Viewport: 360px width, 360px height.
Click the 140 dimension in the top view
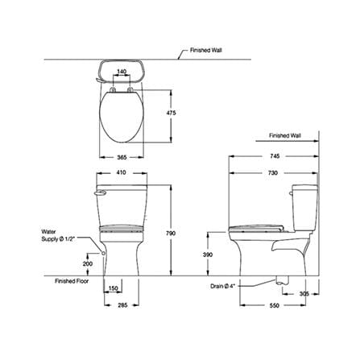[122, 72]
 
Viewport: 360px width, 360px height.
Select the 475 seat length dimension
[171, 113]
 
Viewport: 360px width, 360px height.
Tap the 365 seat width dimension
[122, 157]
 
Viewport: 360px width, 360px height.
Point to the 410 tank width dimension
[122, 172]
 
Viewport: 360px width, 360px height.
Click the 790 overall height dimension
[171, 234]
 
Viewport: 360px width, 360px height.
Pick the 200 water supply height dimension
[88, 264]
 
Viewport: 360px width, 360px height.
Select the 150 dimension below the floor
[114, 288]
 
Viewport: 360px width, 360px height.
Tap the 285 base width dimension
[122, 305]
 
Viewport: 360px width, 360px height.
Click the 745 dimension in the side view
[275, 156]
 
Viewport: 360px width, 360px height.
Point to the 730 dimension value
[273, 173]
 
